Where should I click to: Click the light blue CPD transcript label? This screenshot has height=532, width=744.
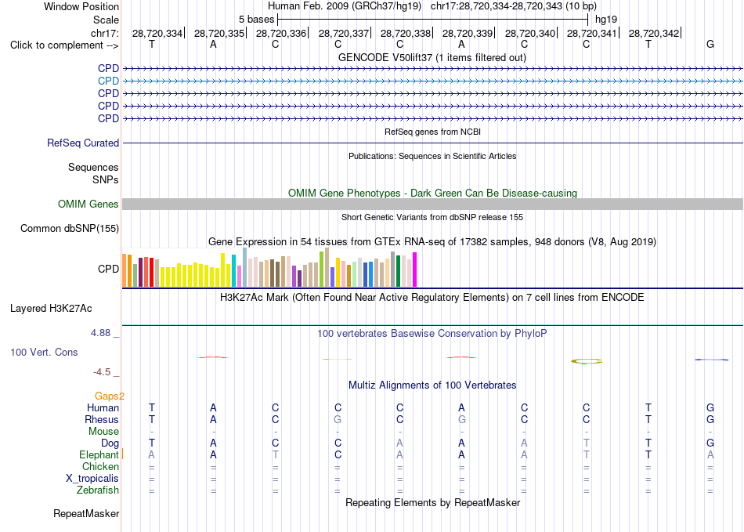(108, 81)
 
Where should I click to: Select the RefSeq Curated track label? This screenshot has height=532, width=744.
(83, 143)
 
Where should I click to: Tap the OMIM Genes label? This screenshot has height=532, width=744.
(88, 204)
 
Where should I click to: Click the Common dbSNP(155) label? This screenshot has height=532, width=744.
(70, 228)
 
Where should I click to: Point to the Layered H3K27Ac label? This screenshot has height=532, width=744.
(51, 309)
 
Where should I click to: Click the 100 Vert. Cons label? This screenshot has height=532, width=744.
(44, 352)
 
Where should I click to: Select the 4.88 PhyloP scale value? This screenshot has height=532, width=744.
(100, 333)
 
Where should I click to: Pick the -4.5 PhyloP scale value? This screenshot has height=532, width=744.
(102, 372)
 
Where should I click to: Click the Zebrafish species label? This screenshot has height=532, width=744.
(98, 490)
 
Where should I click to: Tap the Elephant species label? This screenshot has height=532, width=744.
(99, 454)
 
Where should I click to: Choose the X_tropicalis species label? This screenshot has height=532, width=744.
(92, 479)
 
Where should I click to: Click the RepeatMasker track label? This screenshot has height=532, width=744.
(86, 513)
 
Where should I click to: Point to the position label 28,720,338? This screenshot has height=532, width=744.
(406, 33)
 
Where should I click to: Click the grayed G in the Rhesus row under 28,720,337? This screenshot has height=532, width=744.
(338, 419)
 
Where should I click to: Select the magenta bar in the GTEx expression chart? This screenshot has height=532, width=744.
(415, 270)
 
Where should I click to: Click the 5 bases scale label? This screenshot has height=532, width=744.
(256, 20)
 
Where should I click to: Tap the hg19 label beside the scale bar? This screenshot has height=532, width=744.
(606, 20)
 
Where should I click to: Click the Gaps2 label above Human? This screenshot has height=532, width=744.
(109, 396)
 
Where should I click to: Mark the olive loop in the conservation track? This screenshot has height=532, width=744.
(587, 361)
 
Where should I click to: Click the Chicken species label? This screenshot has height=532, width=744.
(100, 466)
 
